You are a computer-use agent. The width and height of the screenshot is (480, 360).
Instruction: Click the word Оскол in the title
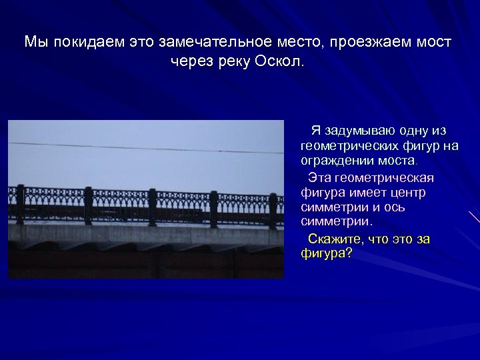(x=279, y=62)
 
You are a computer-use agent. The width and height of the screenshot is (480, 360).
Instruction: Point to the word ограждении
(x=335, y=161)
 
